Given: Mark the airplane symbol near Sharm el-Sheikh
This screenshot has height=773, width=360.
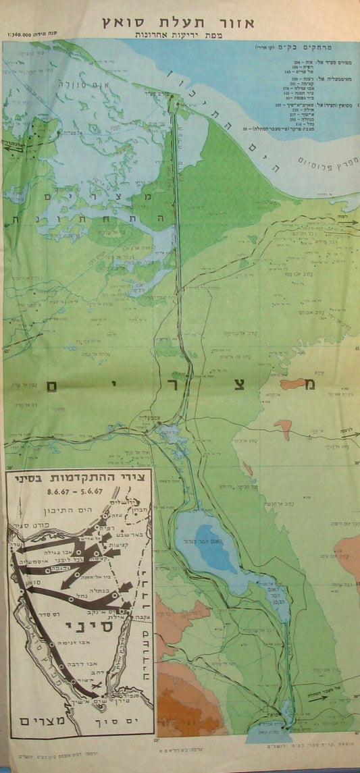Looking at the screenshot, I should [97, 687].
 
